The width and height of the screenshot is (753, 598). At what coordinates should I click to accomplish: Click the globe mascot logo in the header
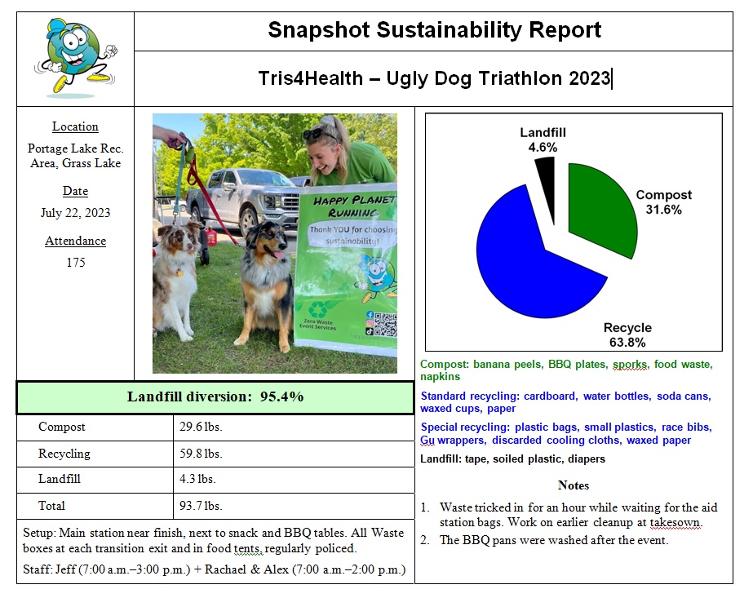[x=75, y=56]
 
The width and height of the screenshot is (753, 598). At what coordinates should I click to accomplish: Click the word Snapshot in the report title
[x=319, y=31]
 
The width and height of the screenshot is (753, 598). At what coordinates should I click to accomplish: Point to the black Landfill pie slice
[x=545, y=175]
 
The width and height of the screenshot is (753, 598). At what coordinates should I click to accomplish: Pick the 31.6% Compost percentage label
[x=662, y=210]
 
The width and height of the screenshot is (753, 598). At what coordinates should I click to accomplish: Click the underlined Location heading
[x=75, y=126]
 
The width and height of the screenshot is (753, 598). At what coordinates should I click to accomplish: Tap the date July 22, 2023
[x=75, y=213]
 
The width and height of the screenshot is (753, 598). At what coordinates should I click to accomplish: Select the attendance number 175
[x=75, y=263]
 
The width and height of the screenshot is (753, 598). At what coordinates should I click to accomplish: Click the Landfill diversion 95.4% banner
[x=215, y=397]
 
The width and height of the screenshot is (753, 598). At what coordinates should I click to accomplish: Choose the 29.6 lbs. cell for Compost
[x=201, y=427]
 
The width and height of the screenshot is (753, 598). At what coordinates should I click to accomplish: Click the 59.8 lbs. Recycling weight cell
[x=201, y=454]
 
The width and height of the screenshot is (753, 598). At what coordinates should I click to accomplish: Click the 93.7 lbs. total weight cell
[x=201, y=506]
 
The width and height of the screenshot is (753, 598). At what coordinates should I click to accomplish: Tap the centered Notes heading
[x=573, y=485]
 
